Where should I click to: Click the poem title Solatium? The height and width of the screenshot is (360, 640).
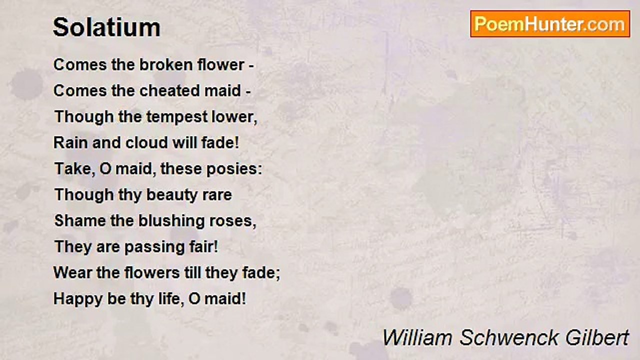[106, 27]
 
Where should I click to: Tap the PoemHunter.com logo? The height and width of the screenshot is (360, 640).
[550, 24]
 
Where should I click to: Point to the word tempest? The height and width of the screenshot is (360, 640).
[177, 117]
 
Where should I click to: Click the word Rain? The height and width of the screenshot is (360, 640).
[70, 143]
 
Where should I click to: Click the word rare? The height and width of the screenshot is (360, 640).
[216, 195]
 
